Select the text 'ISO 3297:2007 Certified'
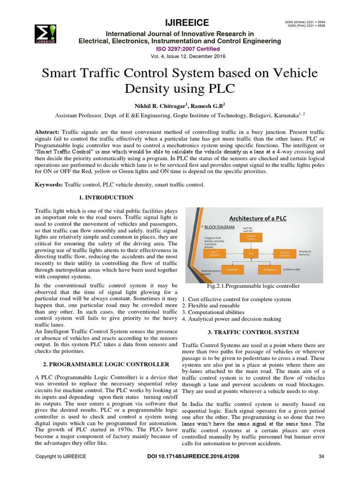click(180, 48)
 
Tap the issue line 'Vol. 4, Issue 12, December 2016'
click(180, 56)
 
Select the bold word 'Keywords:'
click(49, 185)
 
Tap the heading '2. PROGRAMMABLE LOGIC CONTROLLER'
click(102, 364)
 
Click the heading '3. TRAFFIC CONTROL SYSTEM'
click(253, 332)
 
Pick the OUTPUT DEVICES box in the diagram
click(285, 254)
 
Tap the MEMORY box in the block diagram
click(231, 270)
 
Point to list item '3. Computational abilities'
click(213, 312)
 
